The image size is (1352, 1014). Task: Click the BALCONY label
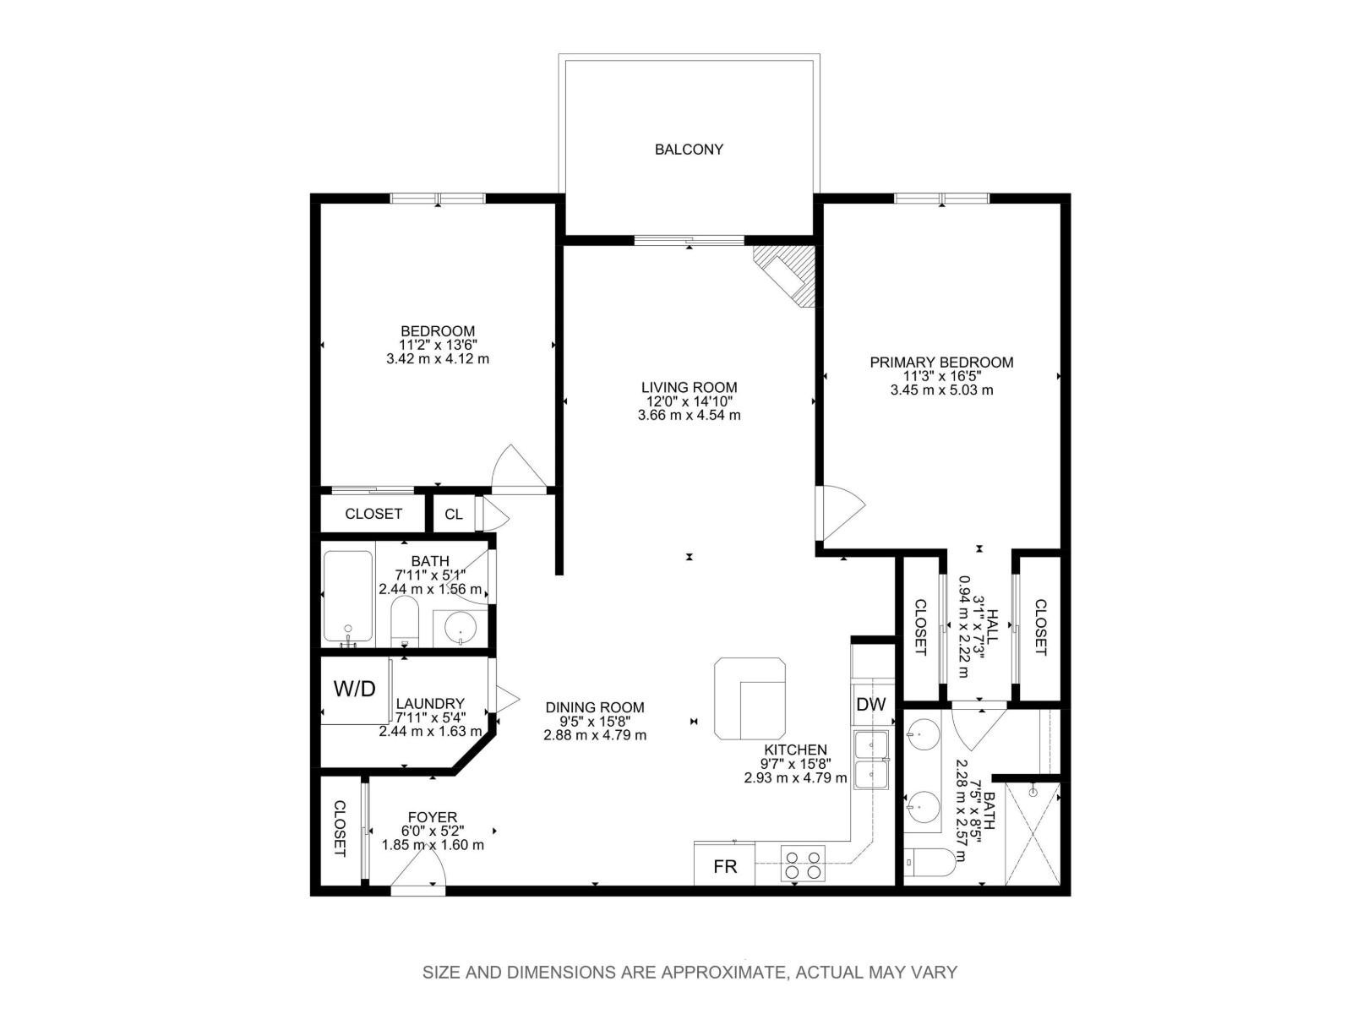click(x=689, y=150)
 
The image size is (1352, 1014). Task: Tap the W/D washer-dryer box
click(x=354, y=689)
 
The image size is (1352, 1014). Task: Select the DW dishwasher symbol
click(x=870, y=704)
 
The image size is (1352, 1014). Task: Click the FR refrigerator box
click(x=725, y=866)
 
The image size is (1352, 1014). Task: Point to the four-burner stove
click(x=803, y=864)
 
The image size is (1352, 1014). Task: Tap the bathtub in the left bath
click(x=347, y=597)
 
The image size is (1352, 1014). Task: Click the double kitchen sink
click(x=871, y=760)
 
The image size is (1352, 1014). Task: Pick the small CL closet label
click(x=454, y=514)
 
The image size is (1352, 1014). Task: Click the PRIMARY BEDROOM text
click(x=941, y=363)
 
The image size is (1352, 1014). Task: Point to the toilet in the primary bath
click(x=932, y=862)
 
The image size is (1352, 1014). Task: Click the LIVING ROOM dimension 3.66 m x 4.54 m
click(x=689, y=416)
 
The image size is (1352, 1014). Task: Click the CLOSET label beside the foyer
click(x=340, y=828)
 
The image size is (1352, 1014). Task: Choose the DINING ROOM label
click(x=594, y=707)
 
